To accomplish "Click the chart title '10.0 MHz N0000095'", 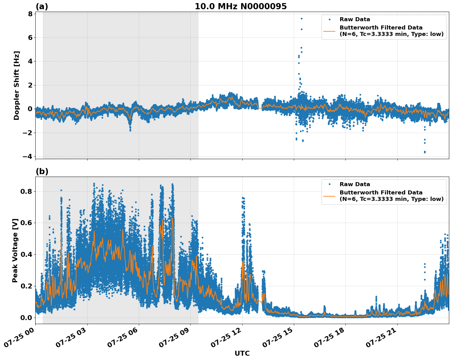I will click(x=241, y=6).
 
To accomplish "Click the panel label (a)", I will click(x=42, y=6).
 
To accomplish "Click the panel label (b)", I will click(x=42, y=171).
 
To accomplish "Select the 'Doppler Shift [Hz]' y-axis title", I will click(x=17, y=85).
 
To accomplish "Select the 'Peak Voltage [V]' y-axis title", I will click(x=15, y=250).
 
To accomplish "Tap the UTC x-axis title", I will click(x=242, y=353).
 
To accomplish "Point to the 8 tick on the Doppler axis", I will click(x=30, y=14).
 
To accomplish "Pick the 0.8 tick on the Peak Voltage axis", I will click(x=27, y=191).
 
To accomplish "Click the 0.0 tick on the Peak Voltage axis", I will click(x=27, y=317).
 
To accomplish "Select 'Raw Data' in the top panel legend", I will click(x=355, y=19).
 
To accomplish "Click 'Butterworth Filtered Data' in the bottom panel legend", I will click(x=381, y=193).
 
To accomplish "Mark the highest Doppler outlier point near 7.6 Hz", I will click(x=302, y=18).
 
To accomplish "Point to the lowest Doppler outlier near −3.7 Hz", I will click(x=425, y=152).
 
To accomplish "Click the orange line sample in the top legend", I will click(x=329, y=31).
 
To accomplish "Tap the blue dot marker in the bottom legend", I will click(x=329, y=184).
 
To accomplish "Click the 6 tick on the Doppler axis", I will click(x=30, y=37).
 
